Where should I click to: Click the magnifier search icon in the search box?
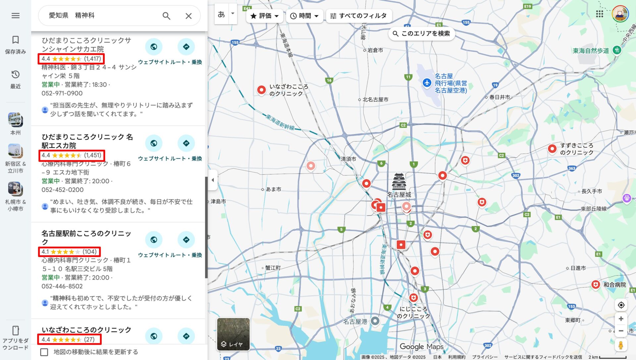coord(166,16)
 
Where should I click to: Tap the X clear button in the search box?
coord(188,16)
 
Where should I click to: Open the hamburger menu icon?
coord(16,16)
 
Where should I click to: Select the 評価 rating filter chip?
coord(264,16)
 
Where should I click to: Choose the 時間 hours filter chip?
coord(304,16)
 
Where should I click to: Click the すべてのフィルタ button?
coord(359,16)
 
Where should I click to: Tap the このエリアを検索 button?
coord(421,33)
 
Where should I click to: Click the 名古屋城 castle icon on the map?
coord(399,181)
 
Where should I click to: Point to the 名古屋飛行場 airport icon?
coord(427,82)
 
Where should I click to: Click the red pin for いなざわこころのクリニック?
coord(261,90)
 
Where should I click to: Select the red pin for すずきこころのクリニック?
coord(552,149)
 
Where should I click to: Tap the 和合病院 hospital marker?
coord(596,284)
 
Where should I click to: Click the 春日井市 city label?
coord(500,97)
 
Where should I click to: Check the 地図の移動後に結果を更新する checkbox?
coord(44,352)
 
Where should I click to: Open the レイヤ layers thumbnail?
coord(233,334)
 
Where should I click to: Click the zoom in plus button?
coord(621,319)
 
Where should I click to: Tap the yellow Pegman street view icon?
coord(621,345)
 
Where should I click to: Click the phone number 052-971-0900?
coord(62,93)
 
